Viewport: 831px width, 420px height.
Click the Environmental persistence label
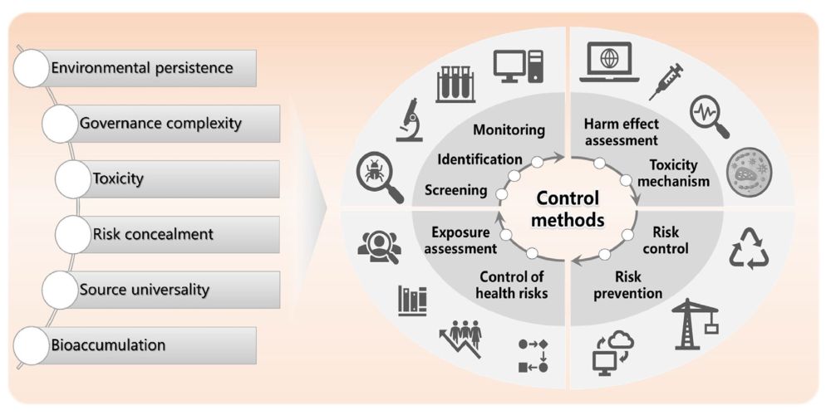tap(142, 68)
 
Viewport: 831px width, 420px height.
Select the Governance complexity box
tap(160, 124)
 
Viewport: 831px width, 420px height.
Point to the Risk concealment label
tap(152, 234)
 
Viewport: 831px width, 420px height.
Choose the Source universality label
tap(145, 290)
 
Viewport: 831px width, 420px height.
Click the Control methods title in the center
tap(569, 210)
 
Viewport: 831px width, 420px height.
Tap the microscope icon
tap(409, 120)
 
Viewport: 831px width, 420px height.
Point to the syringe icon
tap(665, 81)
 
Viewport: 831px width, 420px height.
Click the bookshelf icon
tap(412, 300)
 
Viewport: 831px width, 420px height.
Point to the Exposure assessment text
tap(464, 241)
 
